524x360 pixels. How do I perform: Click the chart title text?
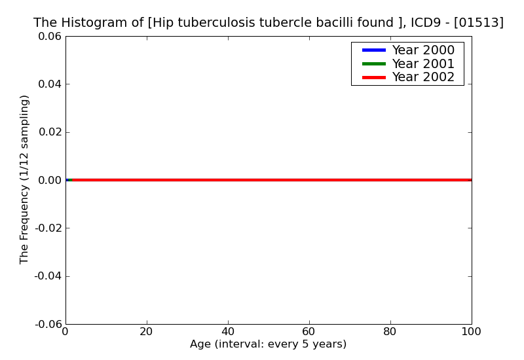269,23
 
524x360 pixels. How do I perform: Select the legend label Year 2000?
423,50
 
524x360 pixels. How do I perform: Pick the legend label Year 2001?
423,63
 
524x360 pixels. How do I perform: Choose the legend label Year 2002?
423,77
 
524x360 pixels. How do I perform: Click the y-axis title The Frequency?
24,179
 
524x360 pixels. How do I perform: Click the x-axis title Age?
268,344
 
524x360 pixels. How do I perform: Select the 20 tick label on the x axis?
147,332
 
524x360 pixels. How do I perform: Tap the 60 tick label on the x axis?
309,332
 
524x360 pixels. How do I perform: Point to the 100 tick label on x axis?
471,332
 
